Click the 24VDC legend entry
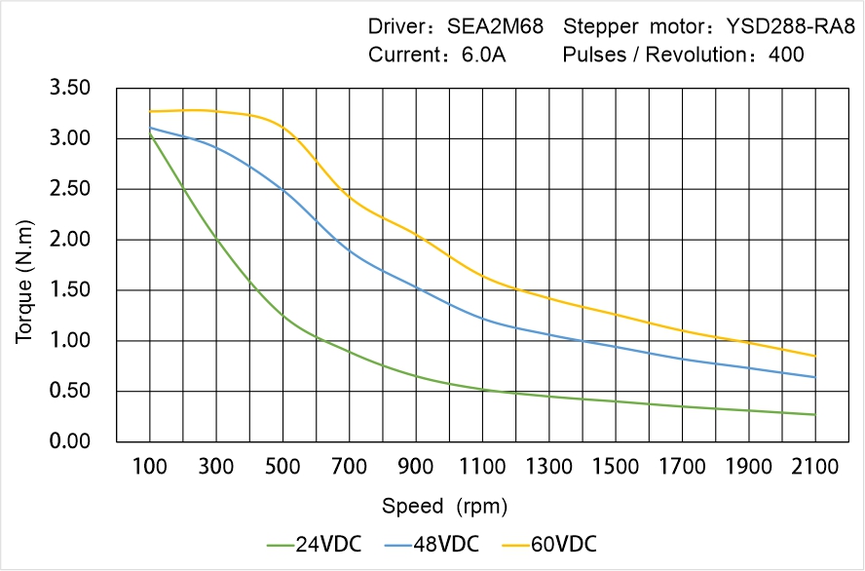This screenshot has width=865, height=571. pos(314,544)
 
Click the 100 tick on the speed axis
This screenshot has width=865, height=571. pos(150,467)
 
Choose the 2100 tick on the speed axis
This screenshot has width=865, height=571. pos(815,467)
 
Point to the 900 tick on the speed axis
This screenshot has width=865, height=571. pos(416,467)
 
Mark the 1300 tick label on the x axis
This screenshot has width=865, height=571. pos(549,467)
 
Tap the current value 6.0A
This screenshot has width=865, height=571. pos(482,56)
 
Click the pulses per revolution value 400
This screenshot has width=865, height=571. pos(786,56)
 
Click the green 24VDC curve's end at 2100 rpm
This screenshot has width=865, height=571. pos(815,415)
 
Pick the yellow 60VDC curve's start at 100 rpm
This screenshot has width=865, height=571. pos(150,112)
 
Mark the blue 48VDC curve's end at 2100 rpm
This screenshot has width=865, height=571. pos(815,377)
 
